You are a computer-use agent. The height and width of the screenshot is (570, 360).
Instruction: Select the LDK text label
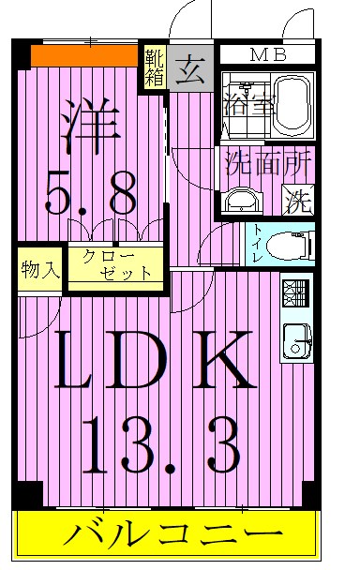(x=154, y=360)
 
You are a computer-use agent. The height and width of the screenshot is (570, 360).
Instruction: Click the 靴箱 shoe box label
(x=155, y=67)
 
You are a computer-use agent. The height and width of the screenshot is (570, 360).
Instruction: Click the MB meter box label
(x=267, y=55)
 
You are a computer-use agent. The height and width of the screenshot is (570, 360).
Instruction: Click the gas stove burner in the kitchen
(x=293, y=292)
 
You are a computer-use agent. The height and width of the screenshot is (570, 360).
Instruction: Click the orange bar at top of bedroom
(x=84, y=55)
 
